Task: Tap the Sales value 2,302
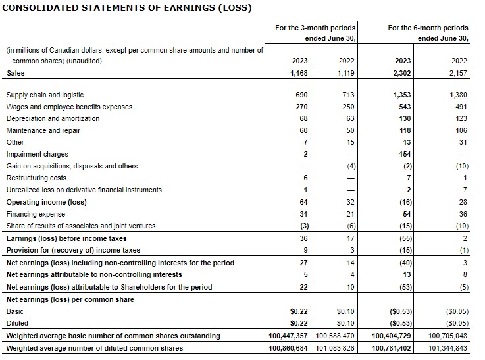(x=399, y=73)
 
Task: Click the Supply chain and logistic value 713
(x=348, y=95)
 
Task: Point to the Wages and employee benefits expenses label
(x=69, y=107)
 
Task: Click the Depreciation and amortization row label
(x=53, y=118)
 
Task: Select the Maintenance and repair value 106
(x=461, y=130)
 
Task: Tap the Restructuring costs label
(x=36, y=178)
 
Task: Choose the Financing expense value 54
(x=406, y=214)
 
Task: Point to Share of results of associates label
(x=81, y=226)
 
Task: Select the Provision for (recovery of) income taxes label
(x=73, y=250)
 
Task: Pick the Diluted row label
(x=16, y=322)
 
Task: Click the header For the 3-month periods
(x=315, y=28)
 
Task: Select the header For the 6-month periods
(x=428, y=28)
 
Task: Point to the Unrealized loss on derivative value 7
(x=464, y=190)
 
